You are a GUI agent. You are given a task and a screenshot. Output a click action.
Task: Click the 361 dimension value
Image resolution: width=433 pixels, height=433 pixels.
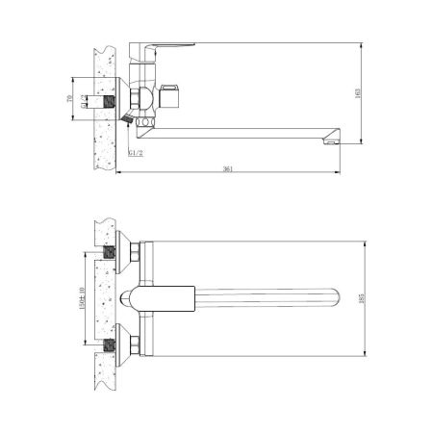point(228,168)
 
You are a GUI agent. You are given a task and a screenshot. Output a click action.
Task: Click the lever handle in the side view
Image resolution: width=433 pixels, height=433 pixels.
point(168,48)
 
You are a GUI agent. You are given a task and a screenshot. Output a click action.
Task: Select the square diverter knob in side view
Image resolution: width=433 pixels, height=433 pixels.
point(176,96)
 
